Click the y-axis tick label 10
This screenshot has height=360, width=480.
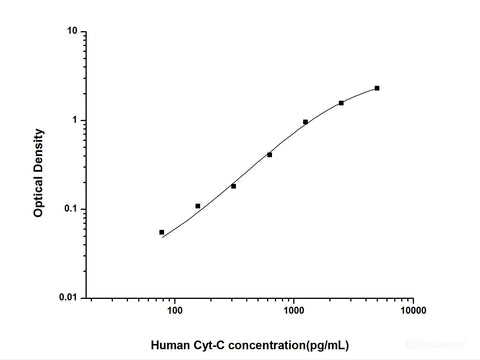[72, 31]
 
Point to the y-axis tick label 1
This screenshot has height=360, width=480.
[75, 120]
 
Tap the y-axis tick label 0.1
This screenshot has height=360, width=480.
[70, 209]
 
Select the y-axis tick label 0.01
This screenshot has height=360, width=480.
[68, 297]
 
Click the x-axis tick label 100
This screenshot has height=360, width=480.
[175, 311]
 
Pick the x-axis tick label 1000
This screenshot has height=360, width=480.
[294, 311]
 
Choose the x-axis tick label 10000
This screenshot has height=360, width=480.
[413, 311]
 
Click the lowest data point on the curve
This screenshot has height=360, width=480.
[162, 232]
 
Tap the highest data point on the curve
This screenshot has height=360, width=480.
[377, 88]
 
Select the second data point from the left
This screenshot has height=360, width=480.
[198, 206]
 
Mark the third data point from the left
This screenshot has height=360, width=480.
[234, 186]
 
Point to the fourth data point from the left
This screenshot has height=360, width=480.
[270, 155]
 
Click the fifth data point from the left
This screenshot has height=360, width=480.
[305, 122]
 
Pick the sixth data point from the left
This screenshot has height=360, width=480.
[341, 103]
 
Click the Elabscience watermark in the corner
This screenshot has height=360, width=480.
[447, 352]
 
